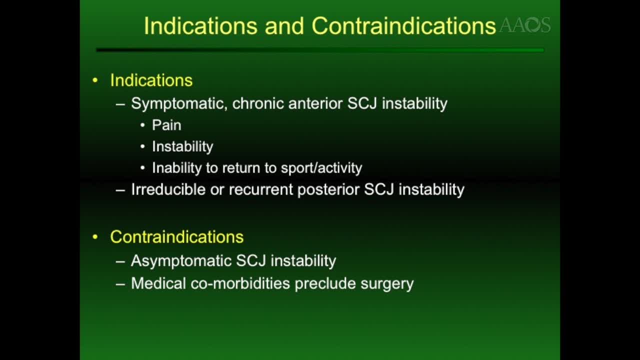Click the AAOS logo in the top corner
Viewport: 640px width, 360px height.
point(524,25)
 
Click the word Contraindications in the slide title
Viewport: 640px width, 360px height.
point(403,26)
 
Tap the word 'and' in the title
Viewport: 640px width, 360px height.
point(284,26)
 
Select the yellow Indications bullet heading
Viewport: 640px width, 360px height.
point(151,80)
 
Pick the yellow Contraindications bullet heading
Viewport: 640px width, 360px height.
point(176,237)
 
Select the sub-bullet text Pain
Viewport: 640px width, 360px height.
point(166,125)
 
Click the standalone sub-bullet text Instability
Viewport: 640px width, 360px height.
point(182,146)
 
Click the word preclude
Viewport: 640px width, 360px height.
point(325,283)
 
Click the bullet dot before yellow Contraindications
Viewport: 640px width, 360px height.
point(95,237)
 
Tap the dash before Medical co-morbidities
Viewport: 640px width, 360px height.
point(120,283)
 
